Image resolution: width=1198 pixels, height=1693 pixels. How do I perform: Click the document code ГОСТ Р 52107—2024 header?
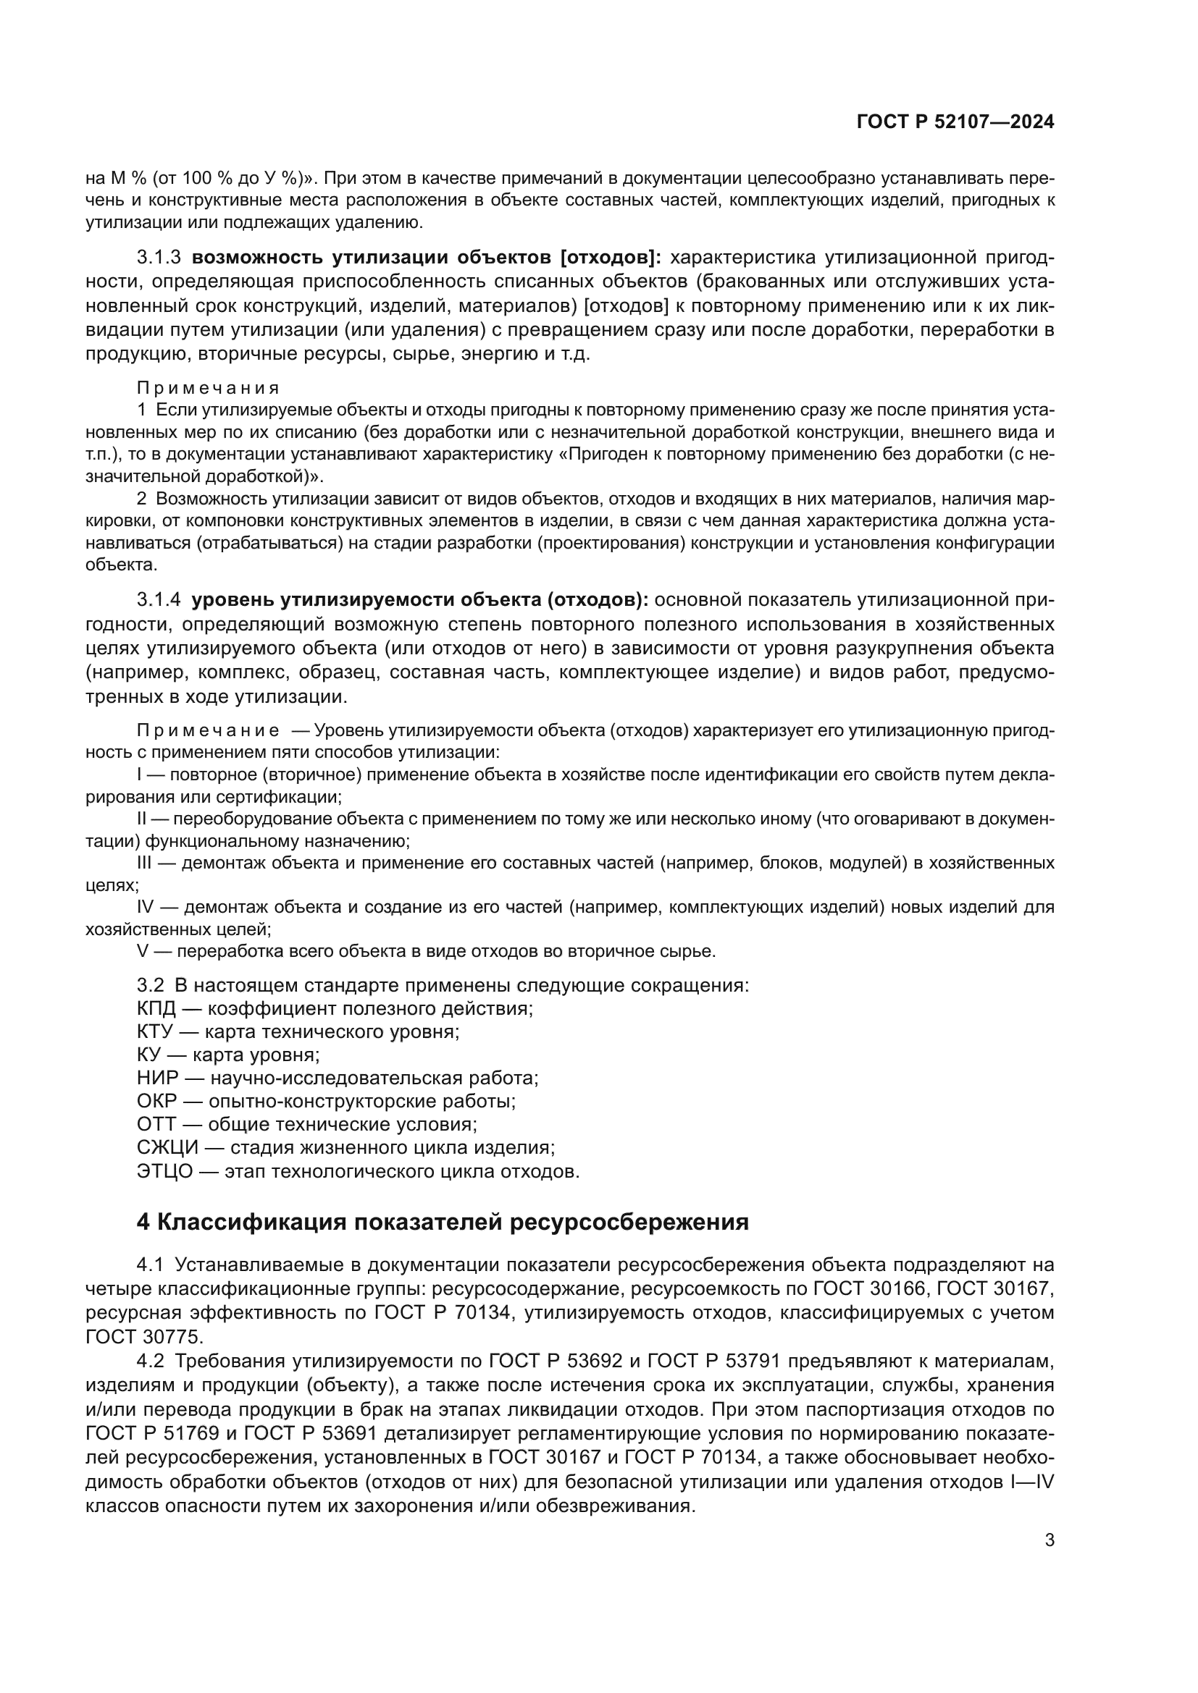[955, 122]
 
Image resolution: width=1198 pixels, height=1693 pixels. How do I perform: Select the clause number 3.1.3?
[159, 258]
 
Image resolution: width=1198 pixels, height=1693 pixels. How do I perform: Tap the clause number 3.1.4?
[159, 600]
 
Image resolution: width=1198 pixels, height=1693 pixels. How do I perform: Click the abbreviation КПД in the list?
[156, 1009]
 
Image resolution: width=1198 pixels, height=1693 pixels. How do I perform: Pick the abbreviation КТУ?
[155, 1031]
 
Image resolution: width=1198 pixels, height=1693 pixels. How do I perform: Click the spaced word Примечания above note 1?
[208, 388]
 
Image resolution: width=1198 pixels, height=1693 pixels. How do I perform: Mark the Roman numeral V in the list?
[143, 951]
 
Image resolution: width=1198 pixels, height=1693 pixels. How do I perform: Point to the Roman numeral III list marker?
[144, 863]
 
